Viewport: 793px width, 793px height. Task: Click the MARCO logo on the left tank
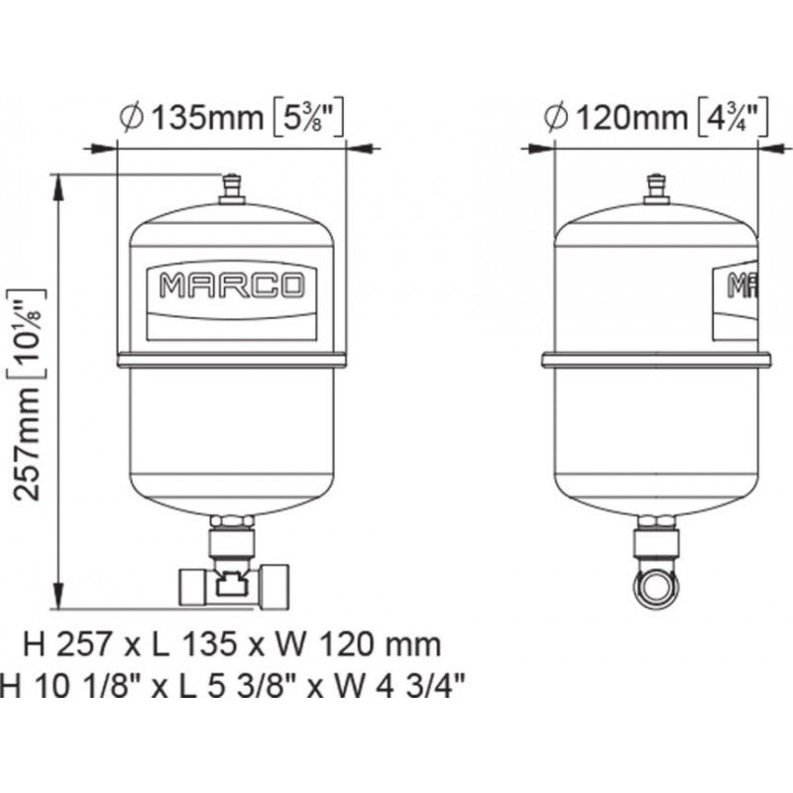[x=232, y=286]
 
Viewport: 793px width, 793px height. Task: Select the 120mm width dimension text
[x=630, y=118]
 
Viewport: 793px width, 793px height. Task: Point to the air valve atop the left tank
[x=232, y=187]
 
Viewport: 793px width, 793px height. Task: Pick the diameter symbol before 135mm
[x=131, y=118]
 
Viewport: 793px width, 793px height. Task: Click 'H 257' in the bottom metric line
[x=65, y=644]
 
